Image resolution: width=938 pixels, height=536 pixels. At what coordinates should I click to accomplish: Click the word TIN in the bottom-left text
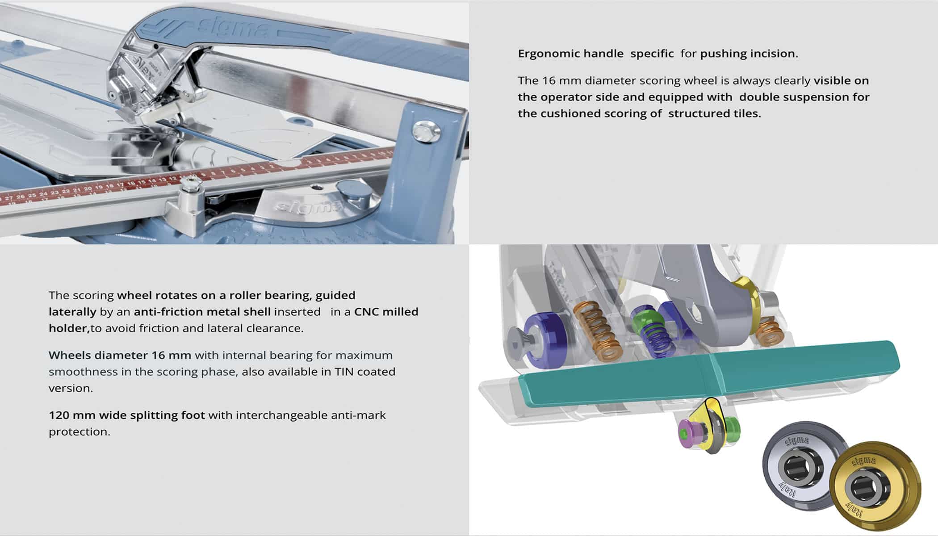[344, 372]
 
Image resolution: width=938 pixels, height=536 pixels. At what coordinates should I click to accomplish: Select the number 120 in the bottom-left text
[58, 415]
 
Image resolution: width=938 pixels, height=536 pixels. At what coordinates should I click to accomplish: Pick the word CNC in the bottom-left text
[366, 312]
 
